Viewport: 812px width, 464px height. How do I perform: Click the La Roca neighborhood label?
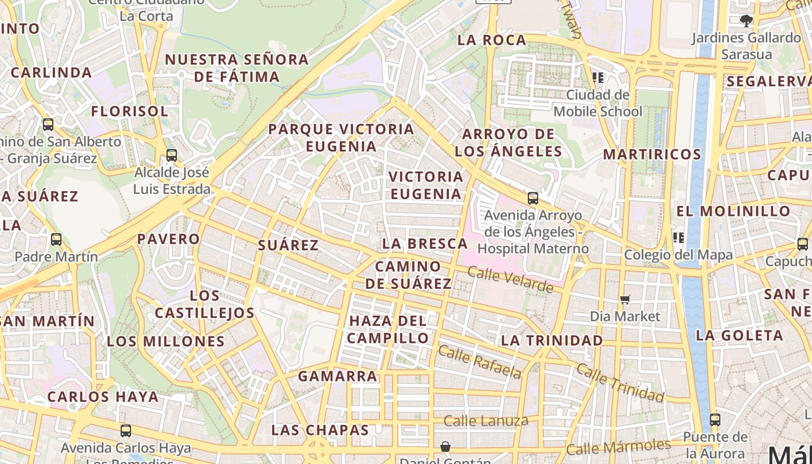[491, 40]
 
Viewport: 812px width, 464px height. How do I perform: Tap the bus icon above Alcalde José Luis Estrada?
[171, 155]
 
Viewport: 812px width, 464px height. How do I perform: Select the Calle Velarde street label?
[510, 280]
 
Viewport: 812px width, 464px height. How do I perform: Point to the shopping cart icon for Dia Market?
[625, 299]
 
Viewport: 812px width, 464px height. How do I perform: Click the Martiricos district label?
[652, 154]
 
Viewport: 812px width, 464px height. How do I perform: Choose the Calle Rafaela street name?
[480, 361]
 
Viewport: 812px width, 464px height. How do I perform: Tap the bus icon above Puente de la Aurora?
[715, 420]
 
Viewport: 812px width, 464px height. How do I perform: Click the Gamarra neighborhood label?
[338, 376]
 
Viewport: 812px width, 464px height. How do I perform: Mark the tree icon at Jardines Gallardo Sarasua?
[746, 21]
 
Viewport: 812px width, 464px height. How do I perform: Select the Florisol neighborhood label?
[129, 111]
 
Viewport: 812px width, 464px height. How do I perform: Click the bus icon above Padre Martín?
[56, 239]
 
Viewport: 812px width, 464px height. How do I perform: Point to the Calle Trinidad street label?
[619, 383]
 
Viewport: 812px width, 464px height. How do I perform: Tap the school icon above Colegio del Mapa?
[678, 238]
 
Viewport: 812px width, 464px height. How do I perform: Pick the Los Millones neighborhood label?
[165, 341]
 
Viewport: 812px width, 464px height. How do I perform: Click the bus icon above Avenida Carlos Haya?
[125, 431]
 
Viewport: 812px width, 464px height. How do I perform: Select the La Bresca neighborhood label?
[425, 244]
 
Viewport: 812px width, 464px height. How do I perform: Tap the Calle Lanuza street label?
[485, 420]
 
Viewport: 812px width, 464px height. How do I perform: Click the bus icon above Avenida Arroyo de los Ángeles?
[532, 198]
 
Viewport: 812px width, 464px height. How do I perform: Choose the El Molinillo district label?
[733, 211]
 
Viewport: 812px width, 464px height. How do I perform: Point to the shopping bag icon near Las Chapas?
[445, 447]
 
